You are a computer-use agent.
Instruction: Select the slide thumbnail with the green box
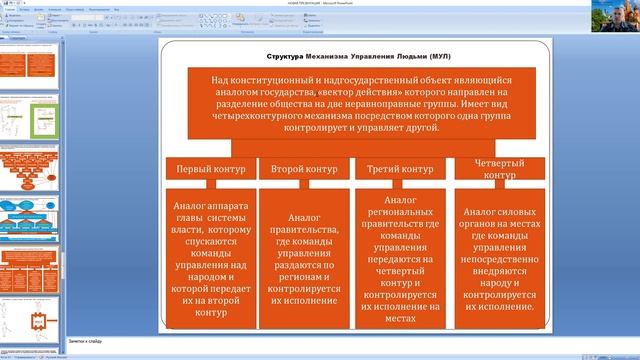[30, 119]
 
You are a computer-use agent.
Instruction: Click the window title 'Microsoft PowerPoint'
[361, 3]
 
